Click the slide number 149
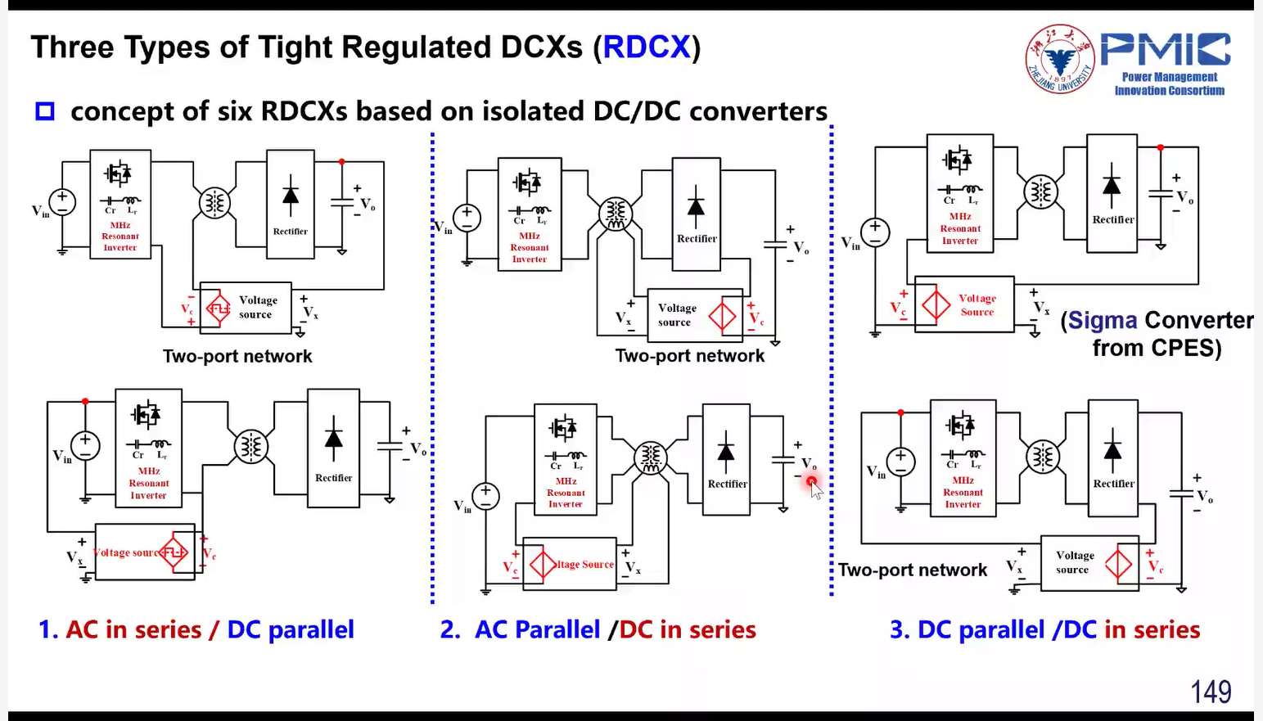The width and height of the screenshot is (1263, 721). (x=1210, y=692)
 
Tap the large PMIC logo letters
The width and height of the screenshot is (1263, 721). (x=1164, y=49)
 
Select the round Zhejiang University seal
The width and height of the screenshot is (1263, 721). (x=1060, y=59)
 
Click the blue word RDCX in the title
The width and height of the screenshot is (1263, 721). (x=647, y=47)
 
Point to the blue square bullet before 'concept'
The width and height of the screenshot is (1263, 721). (x=45, y=111)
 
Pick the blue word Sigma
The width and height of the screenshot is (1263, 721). (x=1103, y=320)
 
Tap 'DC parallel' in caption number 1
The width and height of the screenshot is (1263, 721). (x=291, y=629)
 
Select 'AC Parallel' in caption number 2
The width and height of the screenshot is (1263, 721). (x=538, y=629)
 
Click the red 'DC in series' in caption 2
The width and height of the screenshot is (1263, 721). (x=688, y=629)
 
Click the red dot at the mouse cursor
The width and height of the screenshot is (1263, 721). (x=811, y=481)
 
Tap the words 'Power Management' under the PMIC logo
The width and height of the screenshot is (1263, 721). (x=1169, y=77)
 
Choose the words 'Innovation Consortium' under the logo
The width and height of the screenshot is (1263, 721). (x=1169, y=91)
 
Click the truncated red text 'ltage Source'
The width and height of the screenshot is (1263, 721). (x=585, y=565)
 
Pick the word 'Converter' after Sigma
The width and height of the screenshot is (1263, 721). (x=1199, y=320)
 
